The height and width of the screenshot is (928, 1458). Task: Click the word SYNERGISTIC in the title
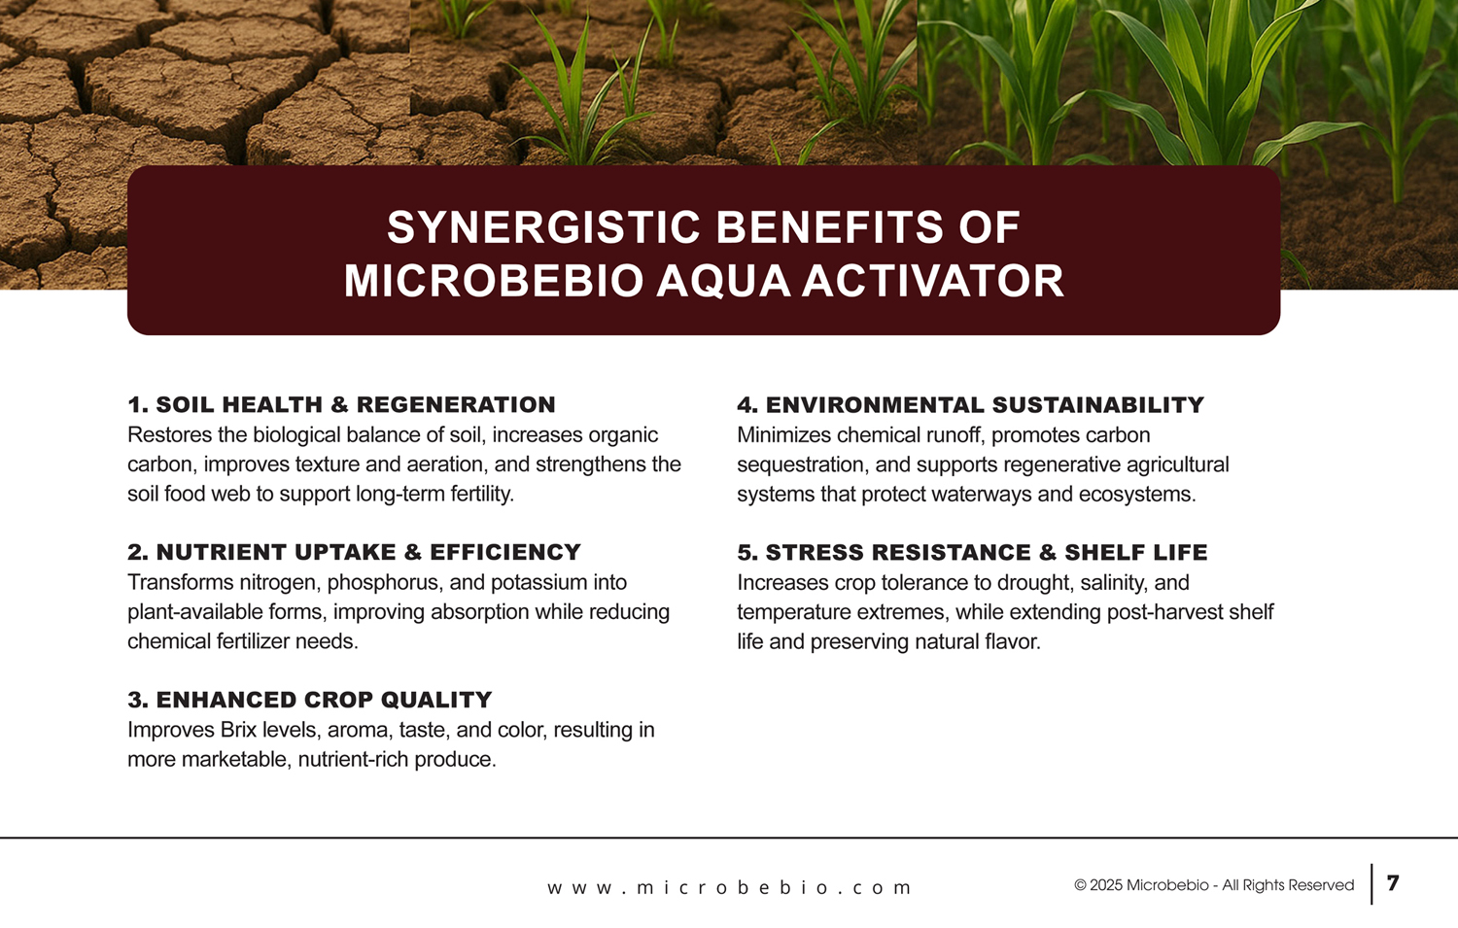pyautogui.click(x=545, y=227)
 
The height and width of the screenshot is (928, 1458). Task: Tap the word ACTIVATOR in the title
pyautogui.click(x=932, y=281)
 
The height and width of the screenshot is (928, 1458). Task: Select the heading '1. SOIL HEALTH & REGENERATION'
pyautogui.click(x=342, y=405)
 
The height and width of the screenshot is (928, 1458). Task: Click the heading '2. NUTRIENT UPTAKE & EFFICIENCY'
pyautogui.click(x=354, y=552)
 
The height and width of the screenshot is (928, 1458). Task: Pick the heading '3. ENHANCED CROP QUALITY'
pyautogui.click(x=310, y=700)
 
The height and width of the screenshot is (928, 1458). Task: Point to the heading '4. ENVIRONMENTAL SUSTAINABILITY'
pyautogui.click(x=970, y=405)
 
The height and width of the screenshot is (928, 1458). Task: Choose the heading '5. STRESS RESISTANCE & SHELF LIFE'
pyautogui.click(x=972, y=553)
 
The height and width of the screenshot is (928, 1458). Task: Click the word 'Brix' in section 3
pyautogui.click(x=239, y=730)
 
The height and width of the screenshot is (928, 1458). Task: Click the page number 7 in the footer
pyautogui.click(x=1392, y=883)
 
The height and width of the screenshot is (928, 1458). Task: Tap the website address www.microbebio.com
pyautogui.click(x=729, y=887)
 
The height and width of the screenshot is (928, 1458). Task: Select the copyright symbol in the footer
pyautogui.click(x=1081, y=885)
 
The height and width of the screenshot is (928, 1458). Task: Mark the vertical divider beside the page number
pyautogui.click(x=1371, y=883)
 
